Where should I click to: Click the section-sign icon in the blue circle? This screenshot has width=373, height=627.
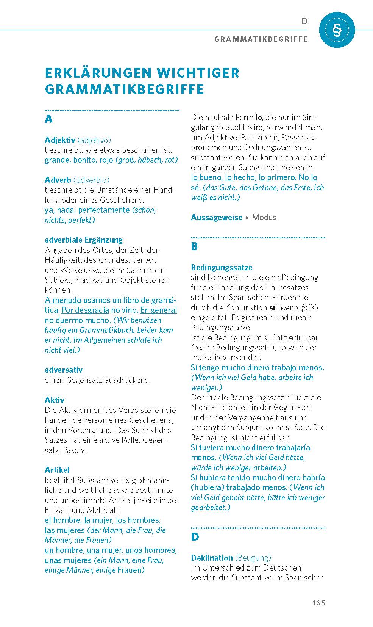[x=337, y=30]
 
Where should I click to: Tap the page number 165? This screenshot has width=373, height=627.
[x=318, y=603]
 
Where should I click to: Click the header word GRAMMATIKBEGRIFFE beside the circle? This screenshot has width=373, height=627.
[x=261, y=39]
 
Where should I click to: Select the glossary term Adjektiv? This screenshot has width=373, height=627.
[x=60, y=140]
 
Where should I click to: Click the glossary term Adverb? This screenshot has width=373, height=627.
[x=58, y=180]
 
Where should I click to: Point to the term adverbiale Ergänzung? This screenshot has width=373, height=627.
[x=83, y=240]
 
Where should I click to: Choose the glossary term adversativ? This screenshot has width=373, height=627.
[x=63, y=370]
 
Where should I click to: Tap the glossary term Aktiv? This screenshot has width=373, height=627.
[x=55, y=400]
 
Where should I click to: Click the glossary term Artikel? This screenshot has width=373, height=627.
[x=57, y=470]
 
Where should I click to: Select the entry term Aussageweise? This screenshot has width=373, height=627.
[x=216, y=217]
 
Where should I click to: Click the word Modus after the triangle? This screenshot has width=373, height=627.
[x=264, y=217]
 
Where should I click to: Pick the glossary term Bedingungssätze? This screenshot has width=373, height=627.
[x=222, y=267]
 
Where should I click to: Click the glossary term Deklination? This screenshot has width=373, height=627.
[x=212, y=558]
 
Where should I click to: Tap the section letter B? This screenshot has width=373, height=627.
[x=194, y=246]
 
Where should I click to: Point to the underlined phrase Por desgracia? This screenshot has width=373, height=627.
[x=85, y=310]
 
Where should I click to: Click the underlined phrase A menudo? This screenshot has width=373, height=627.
[x=63, y=300]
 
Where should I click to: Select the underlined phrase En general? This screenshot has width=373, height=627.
[x=159, y=310]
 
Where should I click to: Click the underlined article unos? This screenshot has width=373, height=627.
[x=134, y=550]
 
